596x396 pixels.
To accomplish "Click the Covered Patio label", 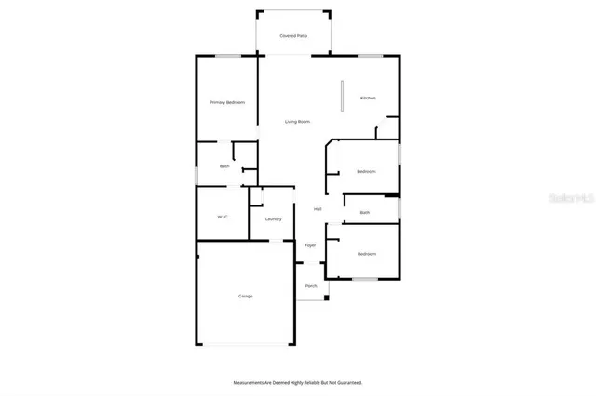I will point(293,36).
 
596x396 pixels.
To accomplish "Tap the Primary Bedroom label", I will point(226,102).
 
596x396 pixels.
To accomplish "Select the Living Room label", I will point(297,122).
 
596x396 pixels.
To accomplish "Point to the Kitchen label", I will point(368,98).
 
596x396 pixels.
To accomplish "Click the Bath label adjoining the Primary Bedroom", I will point(224,166).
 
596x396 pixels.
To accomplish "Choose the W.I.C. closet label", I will point(223,217).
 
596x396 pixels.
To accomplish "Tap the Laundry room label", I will point(273,219).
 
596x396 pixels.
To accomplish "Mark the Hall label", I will point(318,208).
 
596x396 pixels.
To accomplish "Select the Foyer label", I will point(310,245).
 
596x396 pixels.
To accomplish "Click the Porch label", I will point(311,286).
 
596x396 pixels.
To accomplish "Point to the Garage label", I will point(245,296).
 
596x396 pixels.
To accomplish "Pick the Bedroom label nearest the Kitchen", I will point(366,171).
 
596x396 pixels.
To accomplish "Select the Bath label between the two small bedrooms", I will point(365,213).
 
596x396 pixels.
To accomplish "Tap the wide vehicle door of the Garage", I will point(244,345).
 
